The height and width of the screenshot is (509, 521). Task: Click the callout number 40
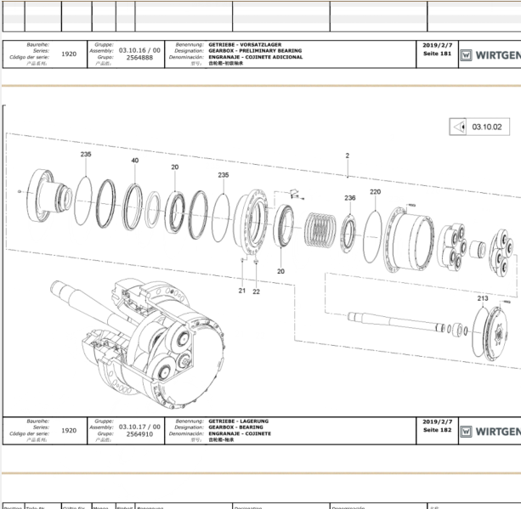point(134,161)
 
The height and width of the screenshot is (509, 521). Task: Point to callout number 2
point(348,156)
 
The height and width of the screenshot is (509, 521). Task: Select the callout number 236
point(349,197)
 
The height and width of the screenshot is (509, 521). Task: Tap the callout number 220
point(375,192)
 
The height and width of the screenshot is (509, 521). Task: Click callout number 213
point(482,298)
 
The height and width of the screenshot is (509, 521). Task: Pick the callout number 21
point(242,291)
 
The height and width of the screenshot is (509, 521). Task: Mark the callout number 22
point(256,291)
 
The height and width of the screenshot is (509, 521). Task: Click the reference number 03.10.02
point(487,127)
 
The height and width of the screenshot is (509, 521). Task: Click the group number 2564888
point(139,58)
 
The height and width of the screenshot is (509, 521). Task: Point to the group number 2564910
point(139,434)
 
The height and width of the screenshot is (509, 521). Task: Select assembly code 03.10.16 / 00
point(139,50)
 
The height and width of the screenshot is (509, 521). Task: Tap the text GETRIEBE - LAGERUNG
point(239,421)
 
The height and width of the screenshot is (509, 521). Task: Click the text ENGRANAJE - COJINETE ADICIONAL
point(255,57)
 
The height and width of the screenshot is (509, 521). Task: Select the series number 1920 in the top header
point(70,54)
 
